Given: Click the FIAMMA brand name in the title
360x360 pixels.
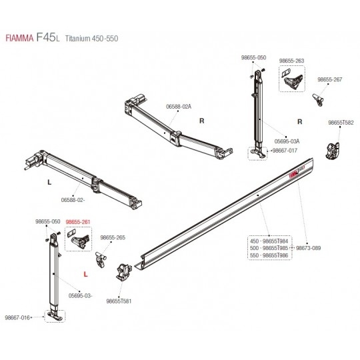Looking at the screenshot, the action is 19,39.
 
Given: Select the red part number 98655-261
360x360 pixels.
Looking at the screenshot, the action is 78,222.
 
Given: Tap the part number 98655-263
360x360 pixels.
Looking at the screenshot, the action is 291,61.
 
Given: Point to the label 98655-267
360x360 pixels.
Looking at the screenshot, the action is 329,79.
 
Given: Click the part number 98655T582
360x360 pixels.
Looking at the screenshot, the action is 341,123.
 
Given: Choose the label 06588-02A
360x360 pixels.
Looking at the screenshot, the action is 179,107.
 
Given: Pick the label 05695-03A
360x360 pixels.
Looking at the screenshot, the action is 287,141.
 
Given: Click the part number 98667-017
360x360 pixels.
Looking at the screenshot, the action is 285,151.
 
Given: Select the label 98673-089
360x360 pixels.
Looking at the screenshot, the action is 308,248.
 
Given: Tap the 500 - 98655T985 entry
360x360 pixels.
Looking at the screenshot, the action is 269,248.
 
